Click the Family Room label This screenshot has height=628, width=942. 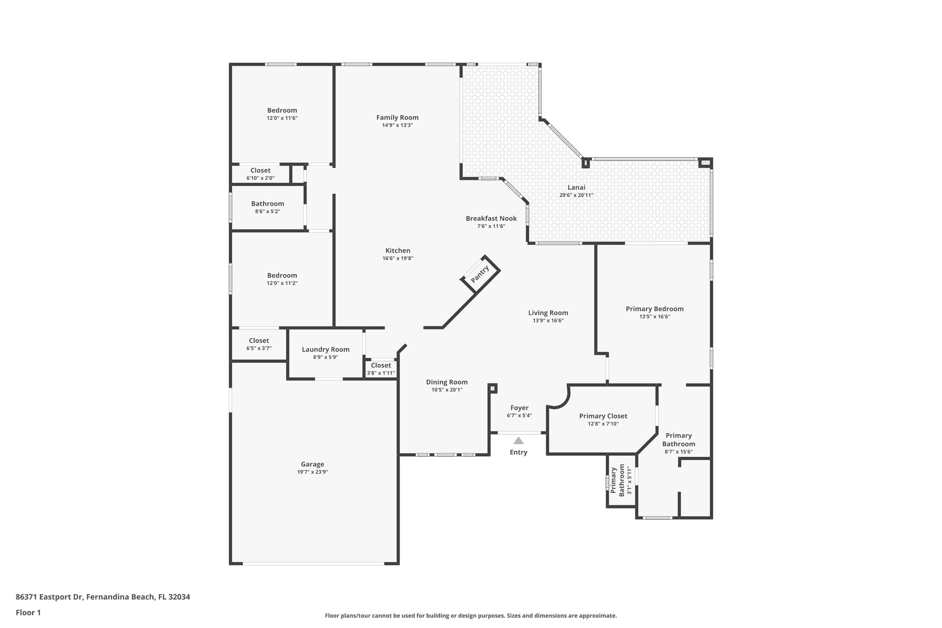click(397, 117)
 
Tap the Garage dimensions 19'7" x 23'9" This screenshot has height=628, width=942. click(313, 472)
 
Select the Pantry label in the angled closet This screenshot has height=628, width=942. click(480, 274)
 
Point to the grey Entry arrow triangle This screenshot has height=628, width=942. click(518, 440)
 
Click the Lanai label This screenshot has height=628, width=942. click(576, 187)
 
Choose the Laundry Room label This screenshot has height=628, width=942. click(326, 349)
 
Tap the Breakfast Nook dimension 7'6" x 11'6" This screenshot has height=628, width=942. click(491, 226)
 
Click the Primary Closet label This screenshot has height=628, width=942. click(603, 416)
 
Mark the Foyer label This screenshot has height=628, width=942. click(519, 408)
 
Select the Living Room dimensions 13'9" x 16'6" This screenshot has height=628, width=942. click(548, 320)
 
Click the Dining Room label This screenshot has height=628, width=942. click(447, 382)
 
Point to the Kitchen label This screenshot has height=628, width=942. click(398, 250)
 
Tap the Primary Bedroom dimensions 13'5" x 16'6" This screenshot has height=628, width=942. click(655, 316)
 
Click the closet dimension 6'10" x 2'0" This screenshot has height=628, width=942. click(260, 178)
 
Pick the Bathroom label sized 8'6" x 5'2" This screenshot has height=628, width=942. click(268, 203)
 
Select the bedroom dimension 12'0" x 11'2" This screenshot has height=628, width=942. click(282, 283)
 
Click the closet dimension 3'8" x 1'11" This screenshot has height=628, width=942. click(381, 373)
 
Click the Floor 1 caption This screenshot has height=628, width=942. click(29, 612)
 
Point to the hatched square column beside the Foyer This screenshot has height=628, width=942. click(493, 389)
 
